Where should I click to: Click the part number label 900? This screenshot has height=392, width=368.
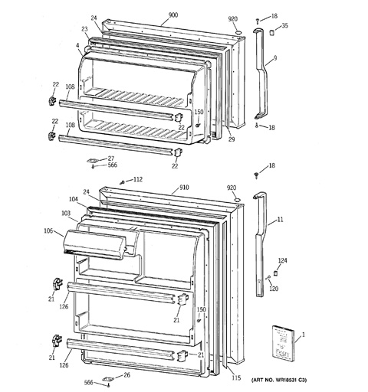pyautogui.click(x=173, y=15)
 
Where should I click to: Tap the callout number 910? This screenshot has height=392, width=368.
pyautogui.click(x=184, y=188)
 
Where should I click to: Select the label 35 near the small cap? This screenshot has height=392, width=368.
pyautogui.click(x=284, y=25)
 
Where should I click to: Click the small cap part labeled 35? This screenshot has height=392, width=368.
pyautogui.click(x=272, y=33)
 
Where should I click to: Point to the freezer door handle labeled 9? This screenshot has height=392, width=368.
pyautogui.click(x=261, y=74)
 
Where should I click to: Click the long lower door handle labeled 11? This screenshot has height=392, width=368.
pyautogui.click(x=261, y=245)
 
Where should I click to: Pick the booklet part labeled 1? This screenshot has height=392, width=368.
pyautogui.click(x=283, y=343)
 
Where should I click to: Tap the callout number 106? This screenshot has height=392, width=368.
pyautogui.click(x=48, y=230)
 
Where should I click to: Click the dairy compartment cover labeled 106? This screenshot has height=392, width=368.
pyautogui.click(x=95, y=245)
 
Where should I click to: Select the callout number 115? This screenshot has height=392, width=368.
pyautogui.click(x=236, y=377)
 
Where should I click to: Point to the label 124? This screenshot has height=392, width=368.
pyautogui.click(x=282, y=260)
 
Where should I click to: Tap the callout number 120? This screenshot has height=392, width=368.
pyautogui.click(x=274, y=289)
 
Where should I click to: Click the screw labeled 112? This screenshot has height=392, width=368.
pyautogui.click(x=123, y=182)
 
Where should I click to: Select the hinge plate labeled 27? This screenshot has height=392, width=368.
pyautogui.click(x=93, y=161)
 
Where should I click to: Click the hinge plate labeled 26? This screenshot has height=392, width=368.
pyautogui.click(x=108, y=379)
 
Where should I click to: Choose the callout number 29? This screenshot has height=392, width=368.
pyautogui.click(x=232, y=139)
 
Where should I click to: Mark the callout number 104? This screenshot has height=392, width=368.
pyautogui.click(x=74, y=199)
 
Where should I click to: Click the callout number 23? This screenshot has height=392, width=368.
pyautogui.click(x=84, y=29)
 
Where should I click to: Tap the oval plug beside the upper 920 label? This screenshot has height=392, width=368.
pyautogui.click(x=238, y=33)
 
